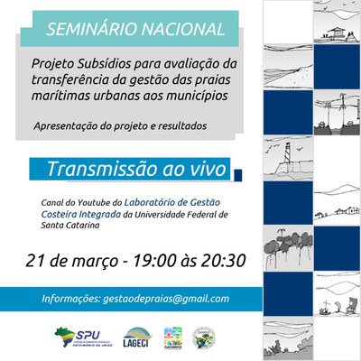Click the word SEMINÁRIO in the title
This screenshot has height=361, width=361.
point(88,30)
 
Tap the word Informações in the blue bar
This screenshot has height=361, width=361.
point(71,299)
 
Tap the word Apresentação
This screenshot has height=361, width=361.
point(68,125)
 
